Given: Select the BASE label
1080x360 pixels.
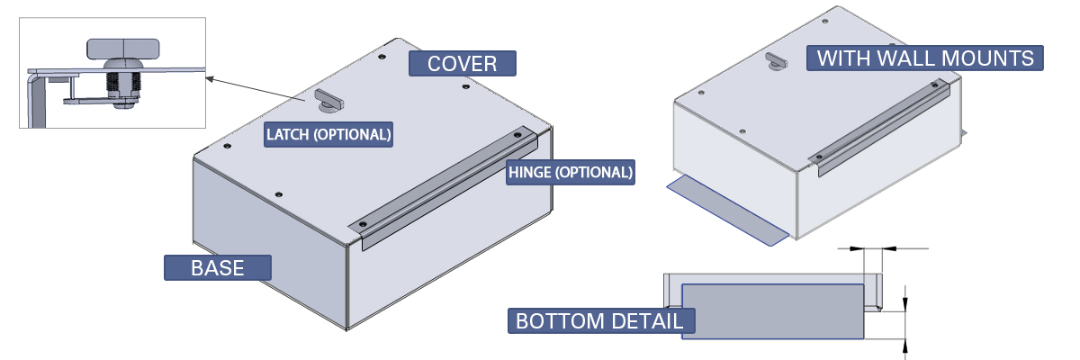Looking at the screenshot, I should (217, 267).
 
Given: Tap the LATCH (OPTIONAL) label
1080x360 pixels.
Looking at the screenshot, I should (328, 135).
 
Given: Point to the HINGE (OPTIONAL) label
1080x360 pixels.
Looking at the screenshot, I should (571, 172).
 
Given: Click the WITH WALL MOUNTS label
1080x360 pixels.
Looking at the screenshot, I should (925, 58).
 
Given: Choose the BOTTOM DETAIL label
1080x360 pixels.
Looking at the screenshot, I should (598, 320).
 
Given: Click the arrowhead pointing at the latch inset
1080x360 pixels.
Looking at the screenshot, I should (209, 79).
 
